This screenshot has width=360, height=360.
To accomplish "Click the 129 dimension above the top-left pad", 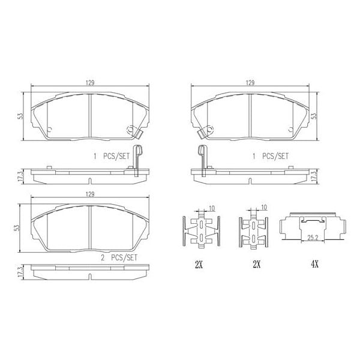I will pos(89,83).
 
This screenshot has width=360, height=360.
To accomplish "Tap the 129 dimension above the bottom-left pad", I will pos(89,194).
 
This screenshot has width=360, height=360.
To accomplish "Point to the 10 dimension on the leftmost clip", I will pos(212,208).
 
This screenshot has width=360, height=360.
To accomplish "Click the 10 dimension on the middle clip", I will pos(264,208).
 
